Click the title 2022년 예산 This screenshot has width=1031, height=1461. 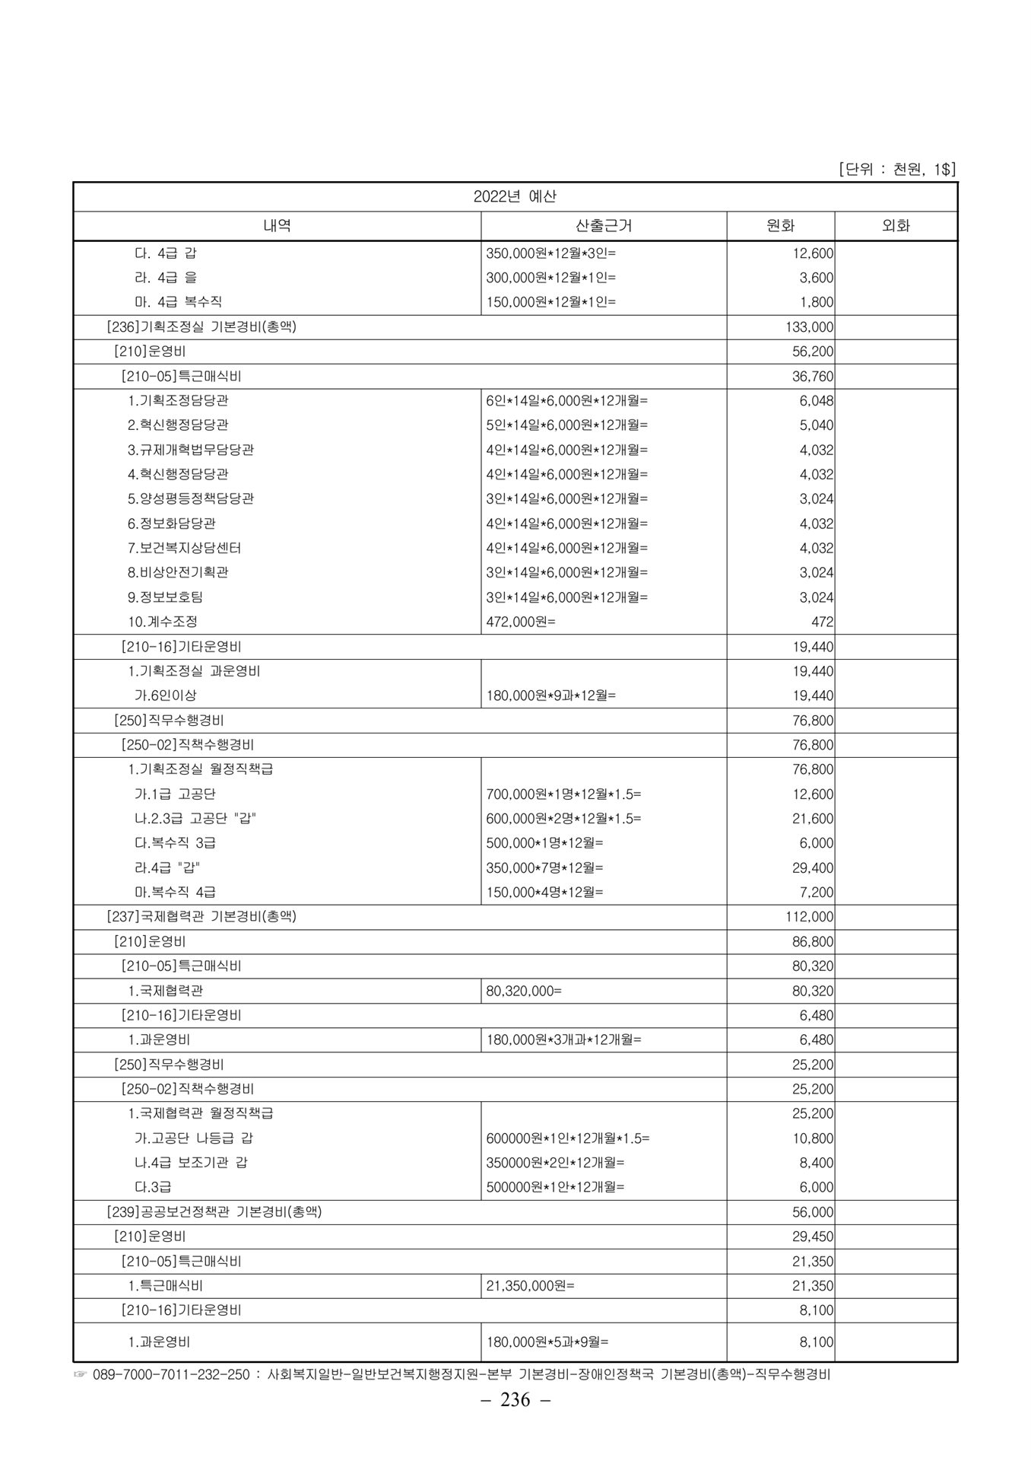point(515,196)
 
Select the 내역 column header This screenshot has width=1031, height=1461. point(277,225)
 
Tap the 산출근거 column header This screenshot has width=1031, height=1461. point(604,225)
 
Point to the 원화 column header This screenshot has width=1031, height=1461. point(780,225)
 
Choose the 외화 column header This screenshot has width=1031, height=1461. point(896,225)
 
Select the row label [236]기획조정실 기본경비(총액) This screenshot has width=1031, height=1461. point(201,327)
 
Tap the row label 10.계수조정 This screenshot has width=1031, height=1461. point(163,622)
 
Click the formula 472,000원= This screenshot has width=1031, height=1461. point(521,622)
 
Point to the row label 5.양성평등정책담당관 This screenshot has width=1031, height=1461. point(191,498)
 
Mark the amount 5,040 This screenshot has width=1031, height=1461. point(816,425)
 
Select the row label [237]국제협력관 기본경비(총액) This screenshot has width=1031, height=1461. point(201,917)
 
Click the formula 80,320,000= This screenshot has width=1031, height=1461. point(524,991)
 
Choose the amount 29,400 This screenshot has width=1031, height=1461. point(813,867)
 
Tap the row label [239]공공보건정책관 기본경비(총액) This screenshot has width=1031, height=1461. point(214,1212)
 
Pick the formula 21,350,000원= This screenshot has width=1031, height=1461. point(530,1286)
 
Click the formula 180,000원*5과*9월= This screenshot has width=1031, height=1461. point(547,1342)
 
